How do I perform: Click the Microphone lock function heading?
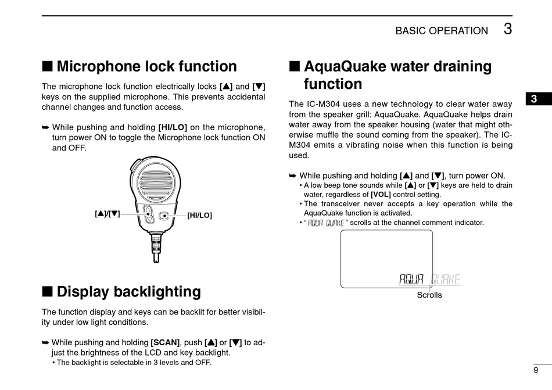[146, 67]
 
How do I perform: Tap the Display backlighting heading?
[128, 292]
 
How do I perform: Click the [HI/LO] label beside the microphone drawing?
[199, 216]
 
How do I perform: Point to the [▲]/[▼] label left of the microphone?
[107, 214]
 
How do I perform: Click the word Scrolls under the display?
[429, 295]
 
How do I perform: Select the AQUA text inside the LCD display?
[412, 279]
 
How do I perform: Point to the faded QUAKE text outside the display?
[446, 279]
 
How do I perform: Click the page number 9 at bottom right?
[535, 370]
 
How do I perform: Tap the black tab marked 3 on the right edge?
[533, 99]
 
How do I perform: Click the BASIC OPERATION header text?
[442, 31]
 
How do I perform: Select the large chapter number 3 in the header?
[508, 29]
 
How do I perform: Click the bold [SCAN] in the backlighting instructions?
[166, 342]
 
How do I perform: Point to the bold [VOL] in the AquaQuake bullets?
[381, 195]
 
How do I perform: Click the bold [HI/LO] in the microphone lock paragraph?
[173, 127]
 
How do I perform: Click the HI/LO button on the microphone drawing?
[164, 215]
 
